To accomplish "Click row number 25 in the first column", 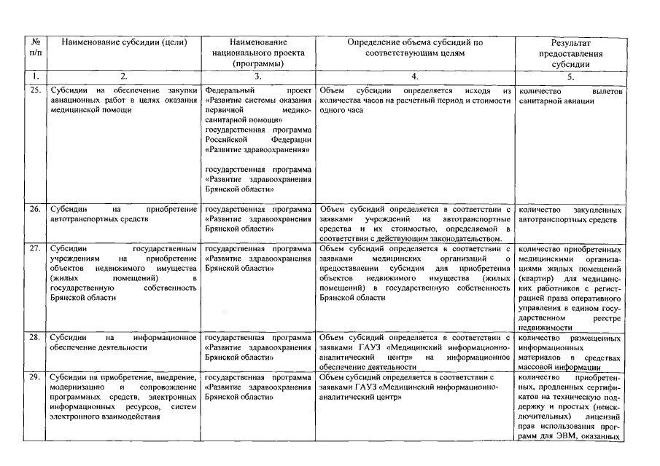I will pos(34,90).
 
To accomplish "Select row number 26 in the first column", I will pos(34,210).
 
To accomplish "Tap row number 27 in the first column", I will pos(34,248).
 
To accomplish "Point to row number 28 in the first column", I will pos(34,338).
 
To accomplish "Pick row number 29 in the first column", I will pos(34,378).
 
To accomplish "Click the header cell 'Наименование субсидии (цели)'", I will pos(124,43).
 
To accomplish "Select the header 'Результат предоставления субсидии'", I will pos(570,53).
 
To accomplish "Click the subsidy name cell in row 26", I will pos(124,214).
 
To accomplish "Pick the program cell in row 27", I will pos(258,258).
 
